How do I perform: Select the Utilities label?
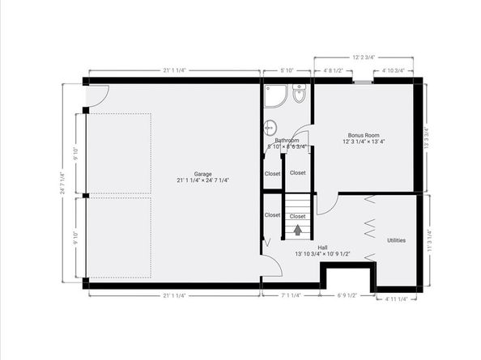(396, 240)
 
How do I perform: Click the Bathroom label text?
(277, 140)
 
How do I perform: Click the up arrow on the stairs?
(298, 231)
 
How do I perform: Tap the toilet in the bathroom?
(299, 97)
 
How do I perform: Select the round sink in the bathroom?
(270, 126)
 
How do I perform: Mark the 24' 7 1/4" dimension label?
(62, 184)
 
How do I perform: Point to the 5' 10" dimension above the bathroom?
(286, 70)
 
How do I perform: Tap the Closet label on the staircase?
(297, 216)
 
